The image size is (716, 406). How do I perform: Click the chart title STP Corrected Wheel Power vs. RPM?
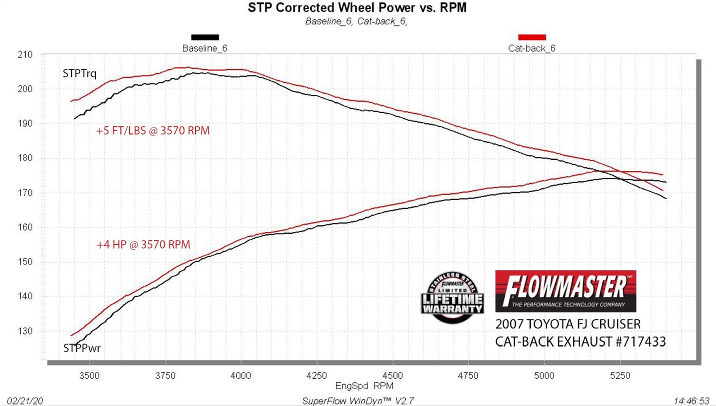tap(357, 7)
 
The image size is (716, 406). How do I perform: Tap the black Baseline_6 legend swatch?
tap(205, 37)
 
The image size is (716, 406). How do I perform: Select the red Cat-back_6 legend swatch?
tap(532, 37)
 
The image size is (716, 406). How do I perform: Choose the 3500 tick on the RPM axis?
tap(89, 376)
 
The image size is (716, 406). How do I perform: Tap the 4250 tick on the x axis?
tap(317, 376)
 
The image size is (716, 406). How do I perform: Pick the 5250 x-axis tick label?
tap(620, 376)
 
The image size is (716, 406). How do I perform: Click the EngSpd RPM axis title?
tap(357, 386)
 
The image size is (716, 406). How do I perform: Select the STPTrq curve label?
tap(79, 73)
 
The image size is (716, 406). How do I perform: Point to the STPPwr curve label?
tap(82, 348)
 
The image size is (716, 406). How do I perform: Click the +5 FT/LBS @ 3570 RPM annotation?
tap(153, 131)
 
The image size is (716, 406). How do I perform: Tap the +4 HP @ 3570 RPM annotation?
tap(143, 245)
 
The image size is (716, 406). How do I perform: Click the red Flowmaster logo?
tap(565, 291)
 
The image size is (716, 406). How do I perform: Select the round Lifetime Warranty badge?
tap(452, 298)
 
